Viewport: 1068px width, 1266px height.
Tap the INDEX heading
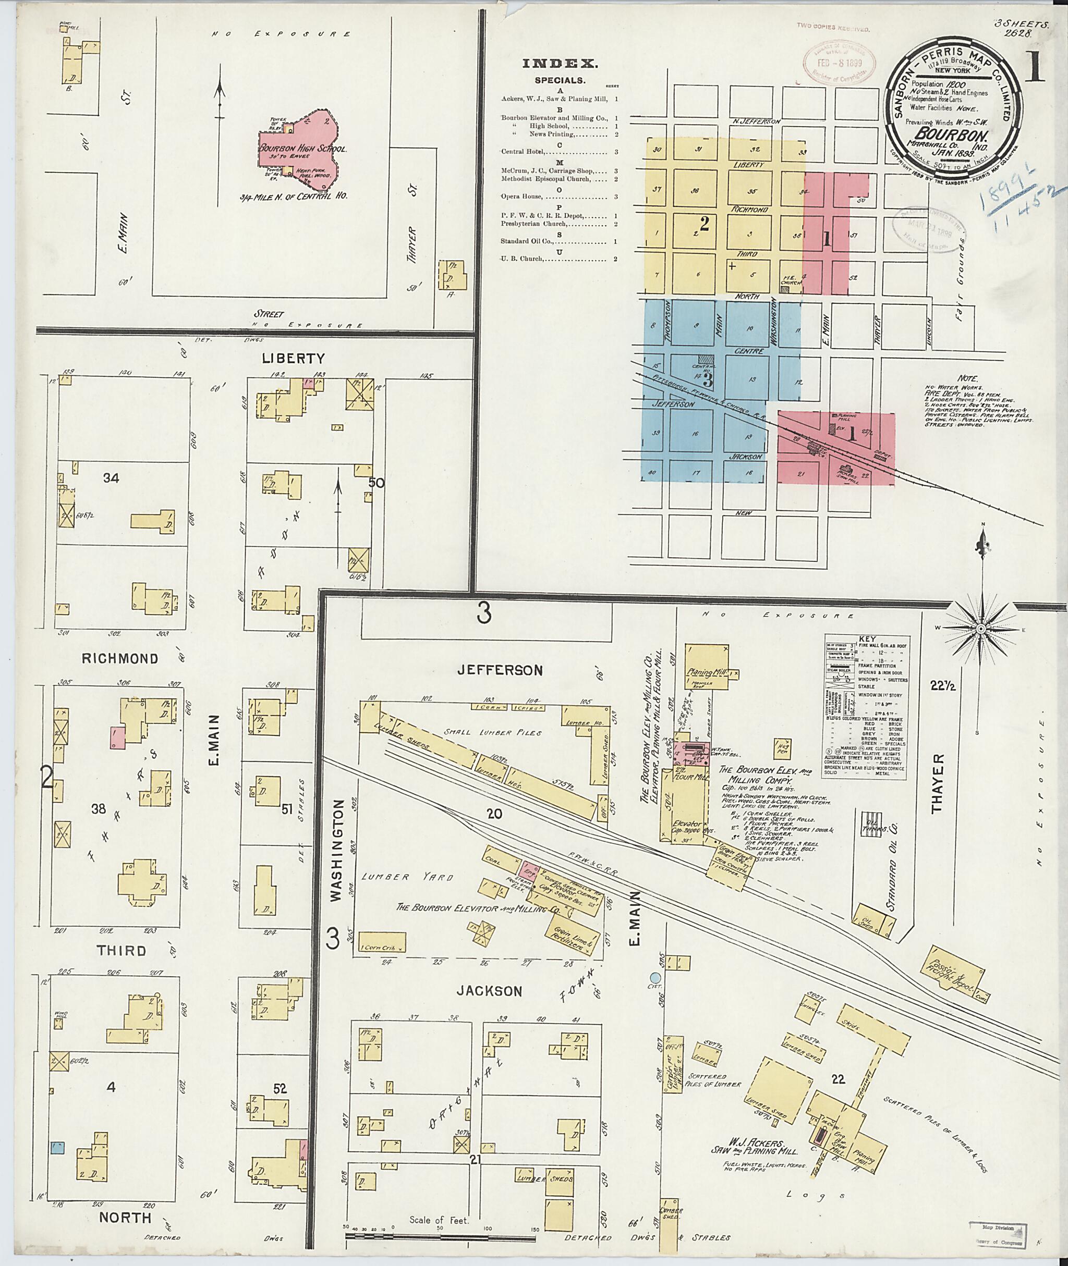click(x=560, y=64)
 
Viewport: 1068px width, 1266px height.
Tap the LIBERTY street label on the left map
click(x=294, y=358)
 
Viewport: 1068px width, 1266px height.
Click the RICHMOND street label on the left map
click(x=120, y=658)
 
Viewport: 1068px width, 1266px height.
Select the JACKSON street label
click(x=489, y=991)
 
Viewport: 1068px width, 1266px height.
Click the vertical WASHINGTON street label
click(x=337, y=850)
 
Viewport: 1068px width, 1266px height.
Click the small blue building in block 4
click(x=57, y=1147)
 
